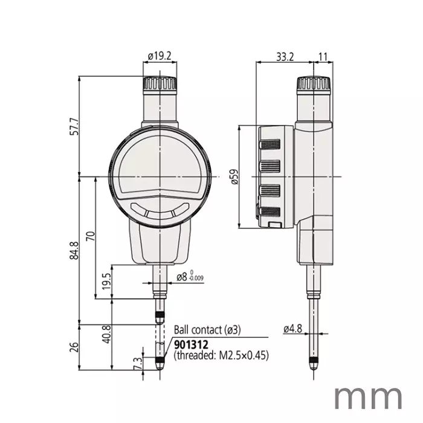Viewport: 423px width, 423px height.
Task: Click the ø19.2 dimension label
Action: (160, 56)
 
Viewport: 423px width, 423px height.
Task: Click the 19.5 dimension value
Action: (107, 282)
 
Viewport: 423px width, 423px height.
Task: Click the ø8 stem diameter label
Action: (189, 277)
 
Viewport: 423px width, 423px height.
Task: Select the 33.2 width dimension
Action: (285, 56)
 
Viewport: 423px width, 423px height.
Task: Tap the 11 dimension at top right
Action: (323, 56)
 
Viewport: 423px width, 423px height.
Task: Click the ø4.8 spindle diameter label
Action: (292, 329)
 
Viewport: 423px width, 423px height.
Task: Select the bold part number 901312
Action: (191, 344)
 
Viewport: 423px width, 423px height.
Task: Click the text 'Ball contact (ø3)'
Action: (207, 330)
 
